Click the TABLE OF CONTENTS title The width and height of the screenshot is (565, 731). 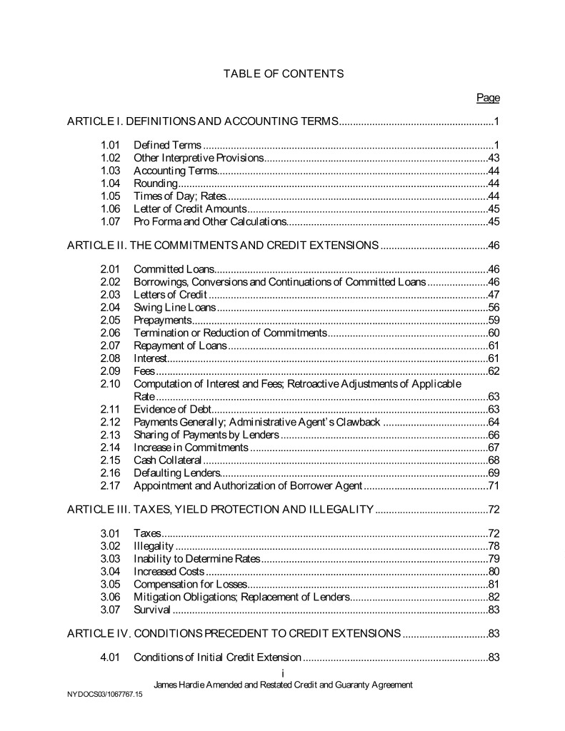click(284, 74)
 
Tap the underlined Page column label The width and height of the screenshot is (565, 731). click(488, 98)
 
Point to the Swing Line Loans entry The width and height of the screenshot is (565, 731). click(174, 308)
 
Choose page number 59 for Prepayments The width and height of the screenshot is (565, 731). click(493, 321)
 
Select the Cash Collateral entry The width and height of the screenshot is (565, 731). click(168, 460)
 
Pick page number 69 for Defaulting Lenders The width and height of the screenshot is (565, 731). click(493, 473)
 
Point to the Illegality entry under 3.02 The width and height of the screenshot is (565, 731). click(154, 546)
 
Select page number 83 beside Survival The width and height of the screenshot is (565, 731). click(493, 610)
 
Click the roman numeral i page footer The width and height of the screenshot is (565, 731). click(283, 674)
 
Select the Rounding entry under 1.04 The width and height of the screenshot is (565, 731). click(155, 183)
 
